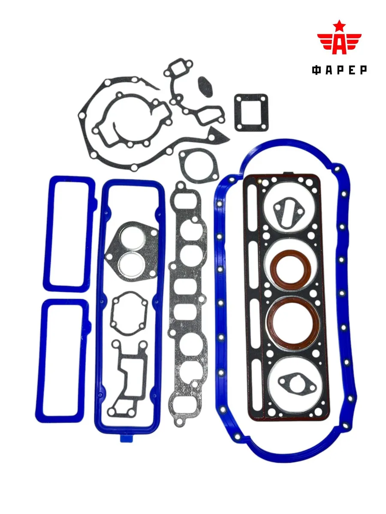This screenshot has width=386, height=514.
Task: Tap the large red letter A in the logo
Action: tap(339, 45)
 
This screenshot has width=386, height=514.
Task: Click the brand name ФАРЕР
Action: tap(339, 70)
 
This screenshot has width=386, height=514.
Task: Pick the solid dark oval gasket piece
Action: tap(205, 87)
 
